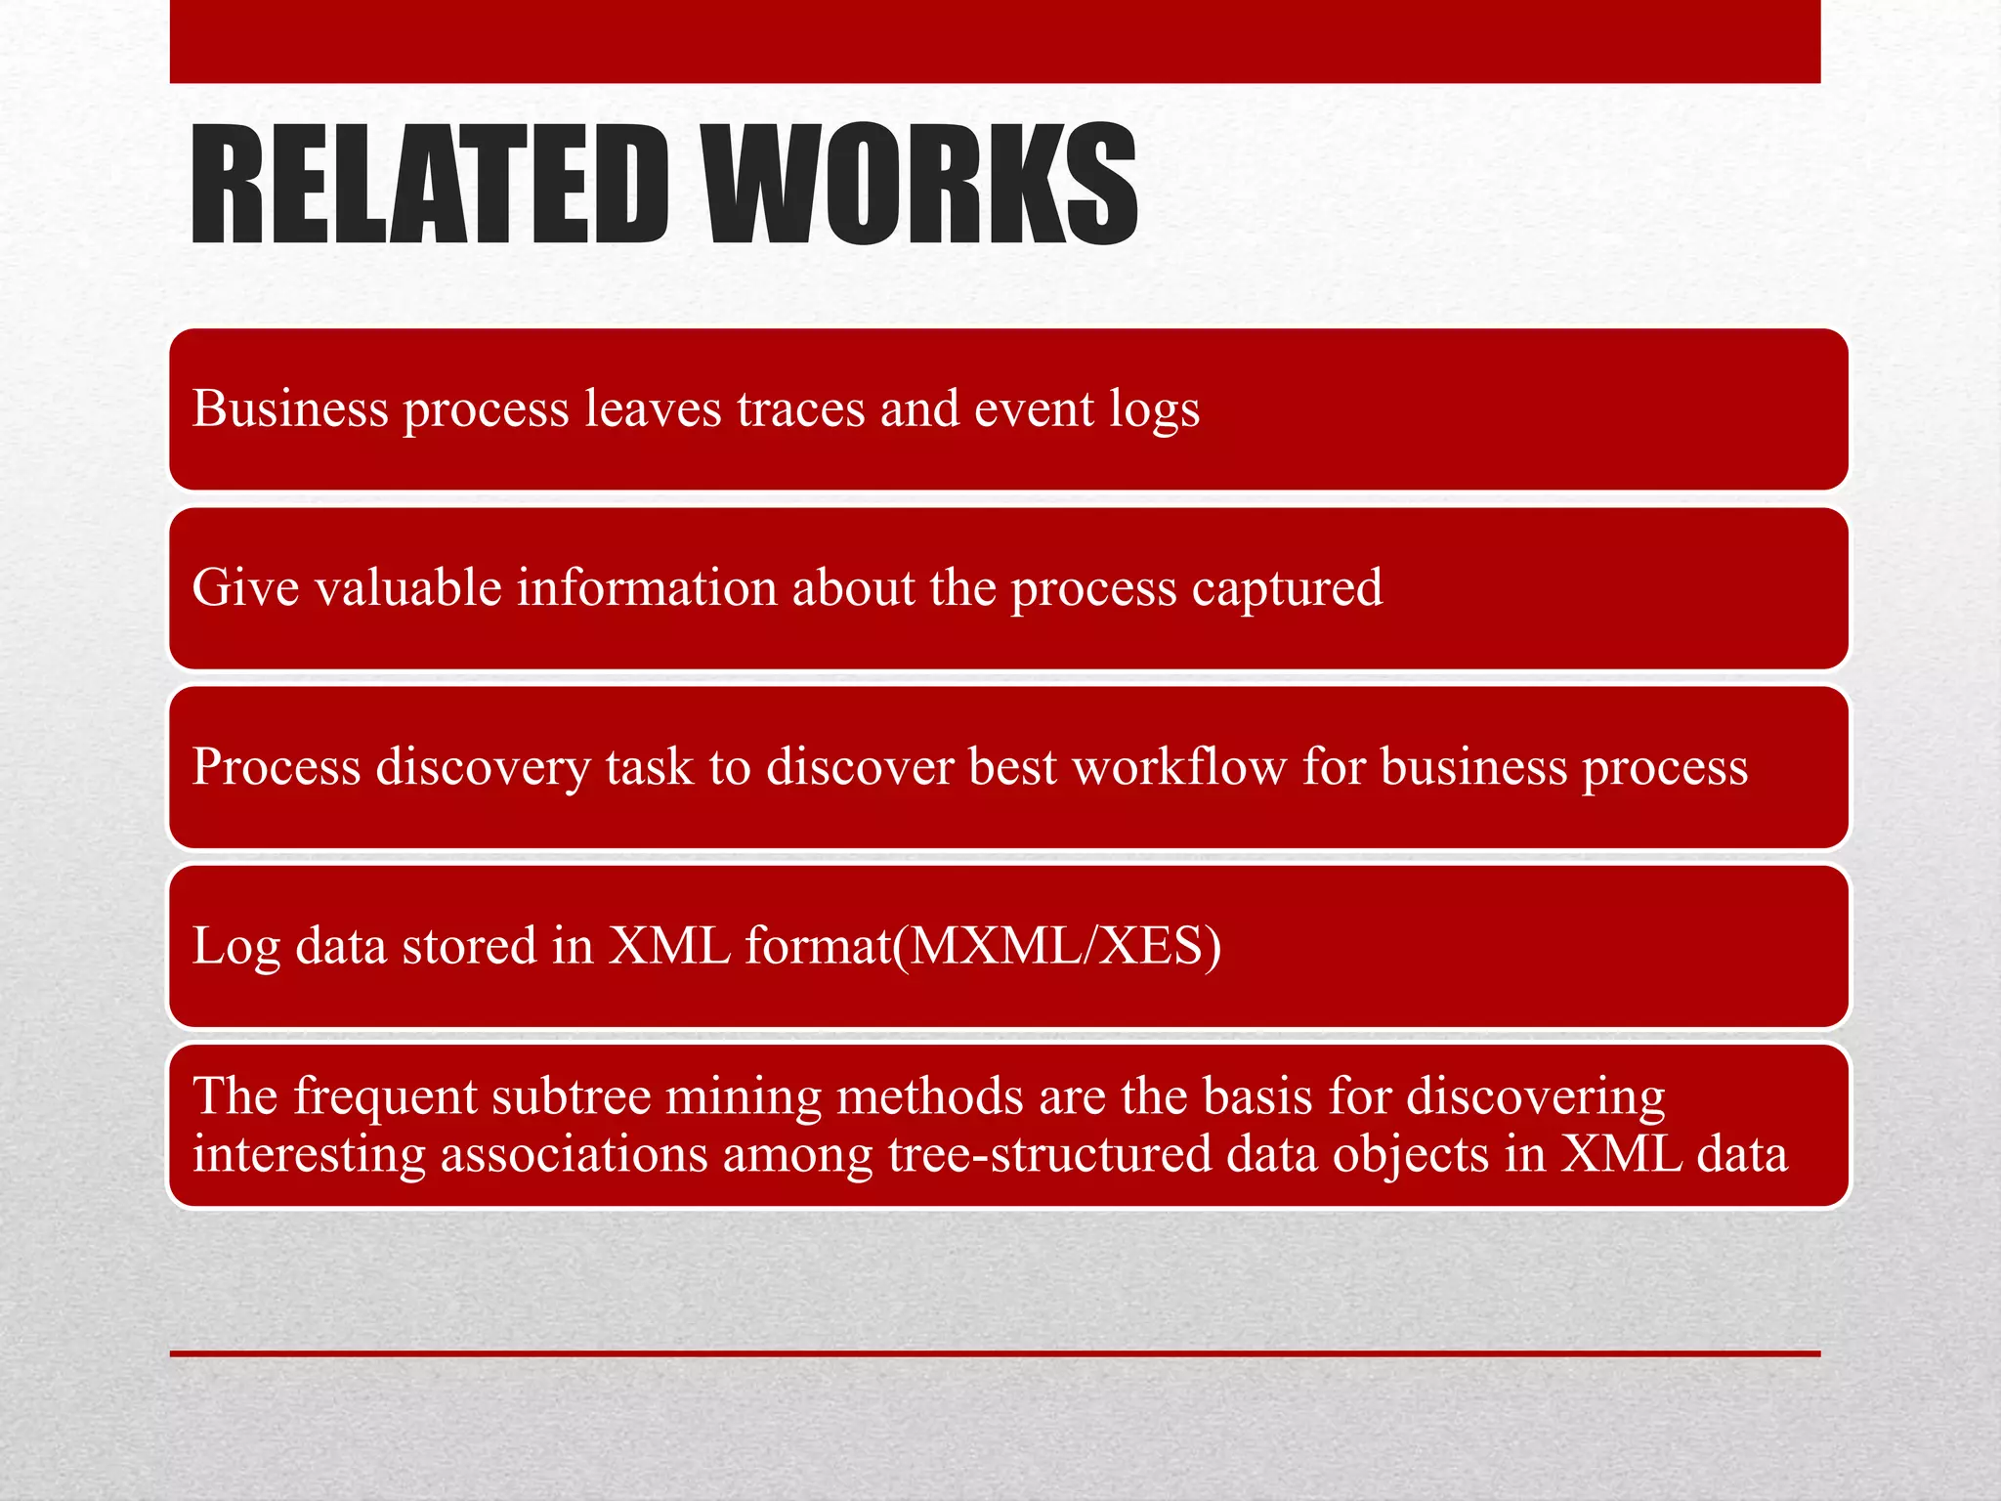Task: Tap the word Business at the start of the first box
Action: pyautogui.click(x=290, y=408)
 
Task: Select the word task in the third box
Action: pyautogui.click(x=649, y=766)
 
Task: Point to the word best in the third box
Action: pyautogui.click(x=1012, y=766)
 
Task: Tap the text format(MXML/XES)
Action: pyautogui.click(x=983, y=946)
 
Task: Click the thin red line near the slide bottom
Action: pyautogui.click(x=995, y=1353)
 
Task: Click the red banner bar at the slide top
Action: pyautogui.click(x=995, y=41)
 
